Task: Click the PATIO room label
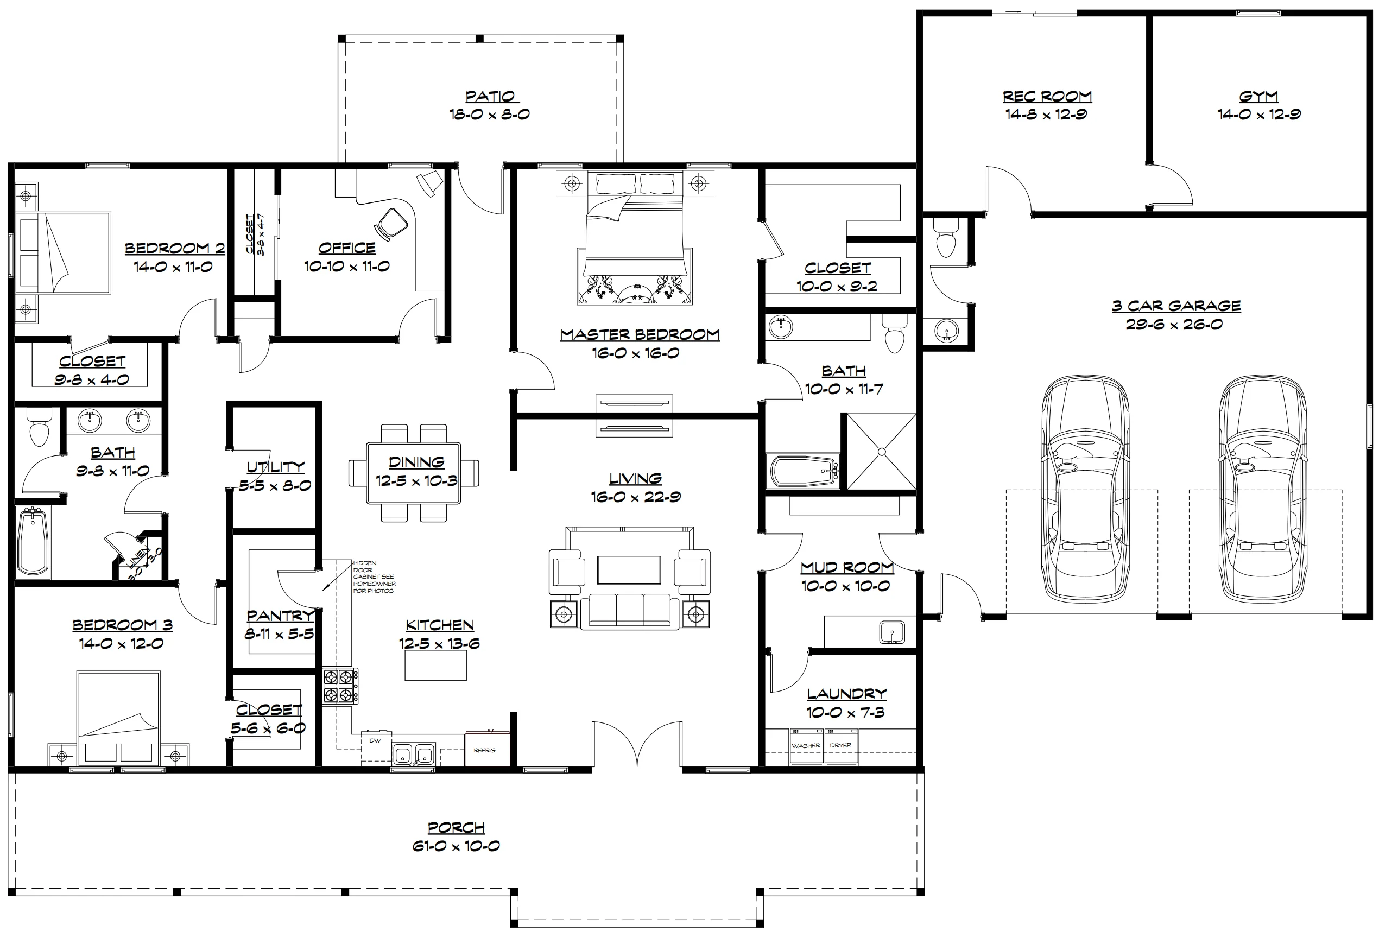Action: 490,96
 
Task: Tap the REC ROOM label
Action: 1047,96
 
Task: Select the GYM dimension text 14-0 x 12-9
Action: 1259,114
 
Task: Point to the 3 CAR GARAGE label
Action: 1176,306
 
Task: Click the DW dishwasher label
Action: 375,740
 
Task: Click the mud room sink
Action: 891,632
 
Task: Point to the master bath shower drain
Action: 881,452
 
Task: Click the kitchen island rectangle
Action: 435,665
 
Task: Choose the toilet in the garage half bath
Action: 945,237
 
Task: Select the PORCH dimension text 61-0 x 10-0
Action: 456,845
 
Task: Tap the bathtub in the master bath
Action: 804,472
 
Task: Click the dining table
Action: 414,473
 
